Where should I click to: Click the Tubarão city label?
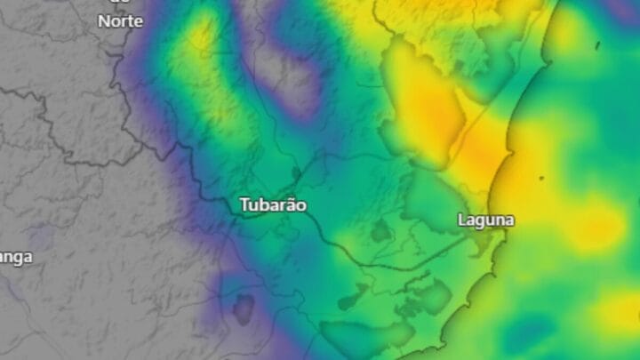point(273,205)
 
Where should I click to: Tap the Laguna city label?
point(485,220)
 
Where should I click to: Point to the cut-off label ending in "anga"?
point(15,258)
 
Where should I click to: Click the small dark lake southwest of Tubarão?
point(243,307)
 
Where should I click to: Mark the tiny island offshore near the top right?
point(597,44)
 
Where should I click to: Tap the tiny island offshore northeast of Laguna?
point(541,178)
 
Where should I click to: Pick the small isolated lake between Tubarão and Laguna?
point(380,232)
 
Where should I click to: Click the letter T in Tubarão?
point(244,205)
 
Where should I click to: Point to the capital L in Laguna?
point(462,219)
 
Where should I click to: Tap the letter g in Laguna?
point(482,221)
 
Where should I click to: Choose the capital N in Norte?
point(103,21)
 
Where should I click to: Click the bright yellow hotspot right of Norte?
point(201,36)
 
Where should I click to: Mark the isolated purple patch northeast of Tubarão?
point(298,89)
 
